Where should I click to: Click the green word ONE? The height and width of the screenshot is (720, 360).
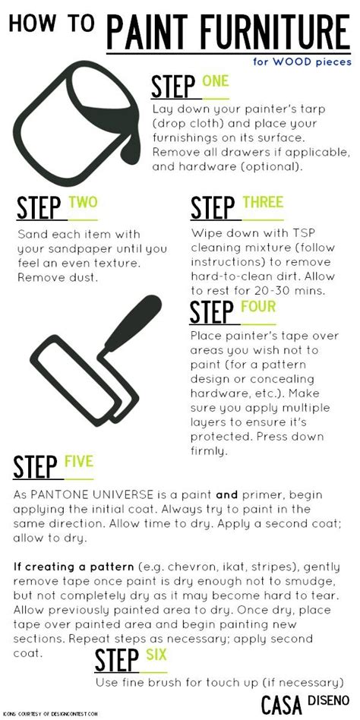(x=215, y=81)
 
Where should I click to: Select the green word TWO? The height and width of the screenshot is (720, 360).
(x=83, y=202)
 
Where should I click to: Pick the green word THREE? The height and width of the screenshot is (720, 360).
(x=263, y=202)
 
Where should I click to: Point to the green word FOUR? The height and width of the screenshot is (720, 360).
(x=258, y=308)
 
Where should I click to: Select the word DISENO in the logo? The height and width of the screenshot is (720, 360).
(x=330, y=699)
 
